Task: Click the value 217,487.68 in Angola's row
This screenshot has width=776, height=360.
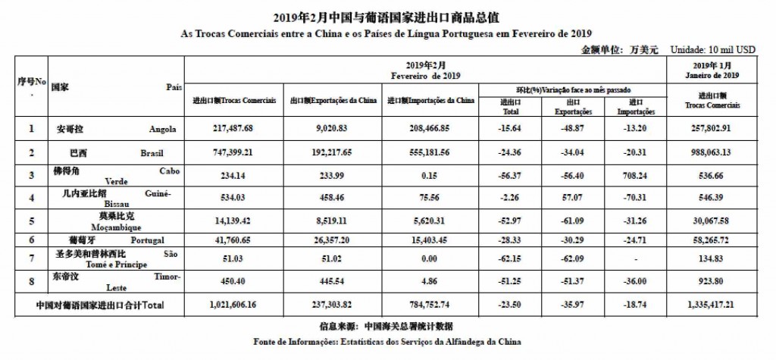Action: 233,129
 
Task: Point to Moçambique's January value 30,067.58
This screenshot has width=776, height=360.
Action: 714,221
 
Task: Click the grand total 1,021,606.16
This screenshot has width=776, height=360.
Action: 233,305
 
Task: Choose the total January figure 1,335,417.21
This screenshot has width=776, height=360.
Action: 714,305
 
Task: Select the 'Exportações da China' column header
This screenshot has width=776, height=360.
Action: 333,100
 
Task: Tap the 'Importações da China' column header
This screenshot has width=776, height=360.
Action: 430,100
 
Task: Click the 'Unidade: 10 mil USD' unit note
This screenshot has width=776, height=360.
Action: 712,49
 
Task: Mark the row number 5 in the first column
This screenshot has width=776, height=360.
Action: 32,221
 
